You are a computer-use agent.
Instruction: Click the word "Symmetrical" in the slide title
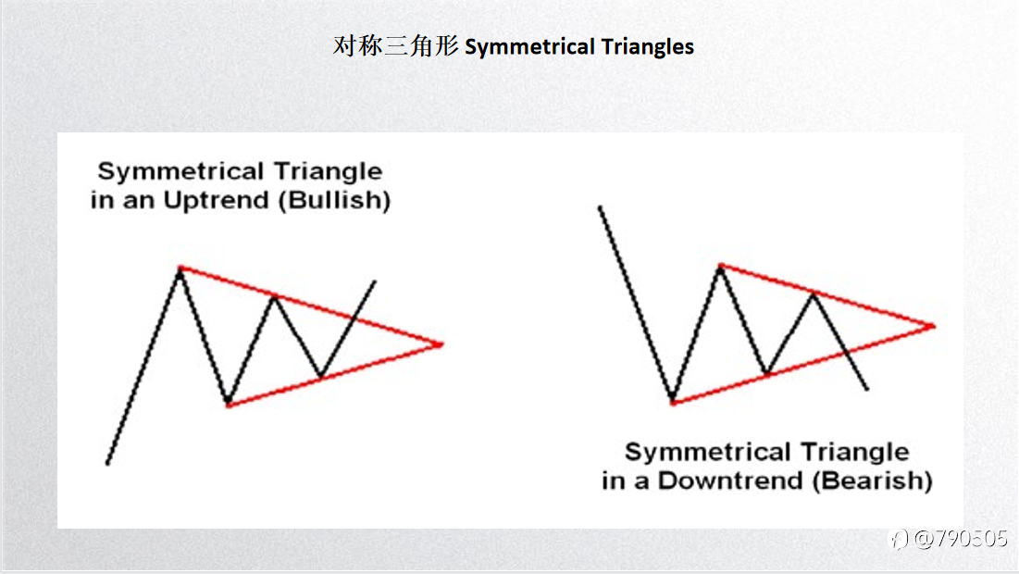pos(529,47)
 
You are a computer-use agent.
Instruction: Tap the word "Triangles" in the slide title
pos(647,47)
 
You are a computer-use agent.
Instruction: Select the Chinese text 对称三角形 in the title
pos(396,46)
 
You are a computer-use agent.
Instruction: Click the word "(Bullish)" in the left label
pos(335,200)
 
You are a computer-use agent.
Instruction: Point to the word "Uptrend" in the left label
pos(216,200)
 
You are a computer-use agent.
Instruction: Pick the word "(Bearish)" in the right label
pos(873,481)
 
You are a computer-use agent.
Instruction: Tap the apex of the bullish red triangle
pos(442,344)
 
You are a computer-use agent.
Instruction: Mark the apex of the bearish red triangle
pos(934,326)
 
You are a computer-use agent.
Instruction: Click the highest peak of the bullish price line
pos(180,268)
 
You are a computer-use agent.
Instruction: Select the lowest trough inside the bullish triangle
pos(228,405)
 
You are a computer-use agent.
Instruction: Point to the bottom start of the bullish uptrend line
pos(107,464)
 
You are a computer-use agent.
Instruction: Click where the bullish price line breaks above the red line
pos(353,318)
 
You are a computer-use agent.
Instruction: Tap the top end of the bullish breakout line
pos(375,281)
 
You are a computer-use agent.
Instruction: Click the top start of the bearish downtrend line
pos(600,207)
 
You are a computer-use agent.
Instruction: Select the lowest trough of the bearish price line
pos(673,402)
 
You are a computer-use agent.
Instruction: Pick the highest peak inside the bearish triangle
pos(721,265)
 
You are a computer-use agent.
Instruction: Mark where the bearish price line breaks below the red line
pos(846,352)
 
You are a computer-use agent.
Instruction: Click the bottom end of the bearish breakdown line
pos(867,390)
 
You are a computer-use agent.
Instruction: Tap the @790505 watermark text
pos(960,538)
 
